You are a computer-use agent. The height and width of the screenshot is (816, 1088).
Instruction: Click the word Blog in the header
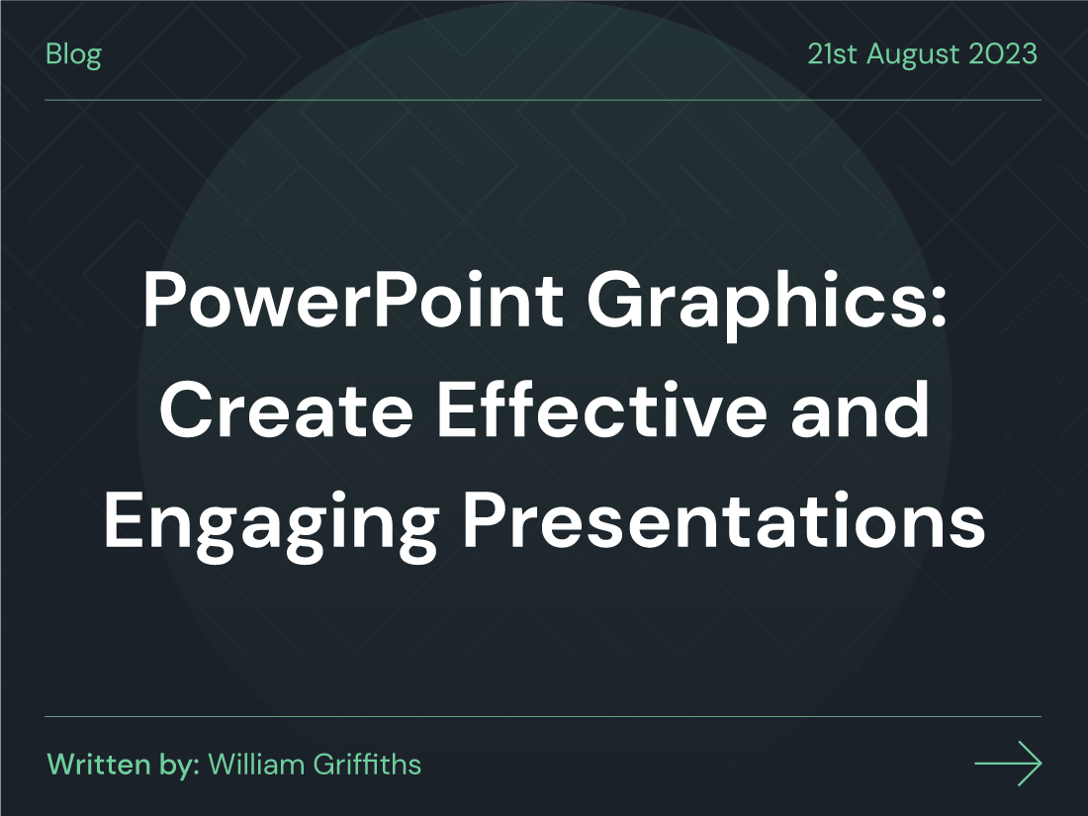(73, 54)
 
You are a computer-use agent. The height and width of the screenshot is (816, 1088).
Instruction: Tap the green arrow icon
(1008, 764)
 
